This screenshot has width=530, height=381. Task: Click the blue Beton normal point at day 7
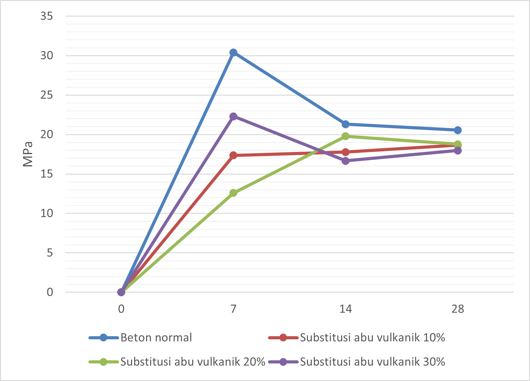(233, 53)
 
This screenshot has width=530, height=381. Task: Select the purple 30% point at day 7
(233, 116)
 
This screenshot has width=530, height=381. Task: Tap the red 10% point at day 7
(233, 155)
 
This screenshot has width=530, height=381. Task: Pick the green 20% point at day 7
(233, 193)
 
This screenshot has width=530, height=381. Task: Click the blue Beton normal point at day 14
(345, 124)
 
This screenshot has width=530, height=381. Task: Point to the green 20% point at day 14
(345, 136)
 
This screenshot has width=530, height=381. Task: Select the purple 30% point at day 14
(345, 161)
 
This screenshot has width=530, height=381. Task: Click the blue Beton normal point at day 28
(458, 130)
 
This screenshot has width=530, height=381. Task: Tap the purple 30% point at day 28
(458, 150)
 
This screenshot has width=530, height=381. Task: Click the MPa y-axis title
(28, 154)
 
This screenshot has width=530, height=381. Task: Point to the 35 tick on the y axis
(46, 16)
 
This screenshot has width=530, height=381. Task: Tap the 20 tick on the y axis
(46, 134)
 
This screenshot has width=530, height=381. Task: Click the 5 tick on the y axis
(50, 253)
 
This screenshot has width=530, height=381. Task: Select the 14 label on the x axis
(345, 309)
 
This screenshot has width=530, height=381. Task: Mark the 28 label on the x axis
(458, 309)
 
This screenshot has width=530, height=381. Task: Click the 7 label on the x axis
(233, 309)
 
